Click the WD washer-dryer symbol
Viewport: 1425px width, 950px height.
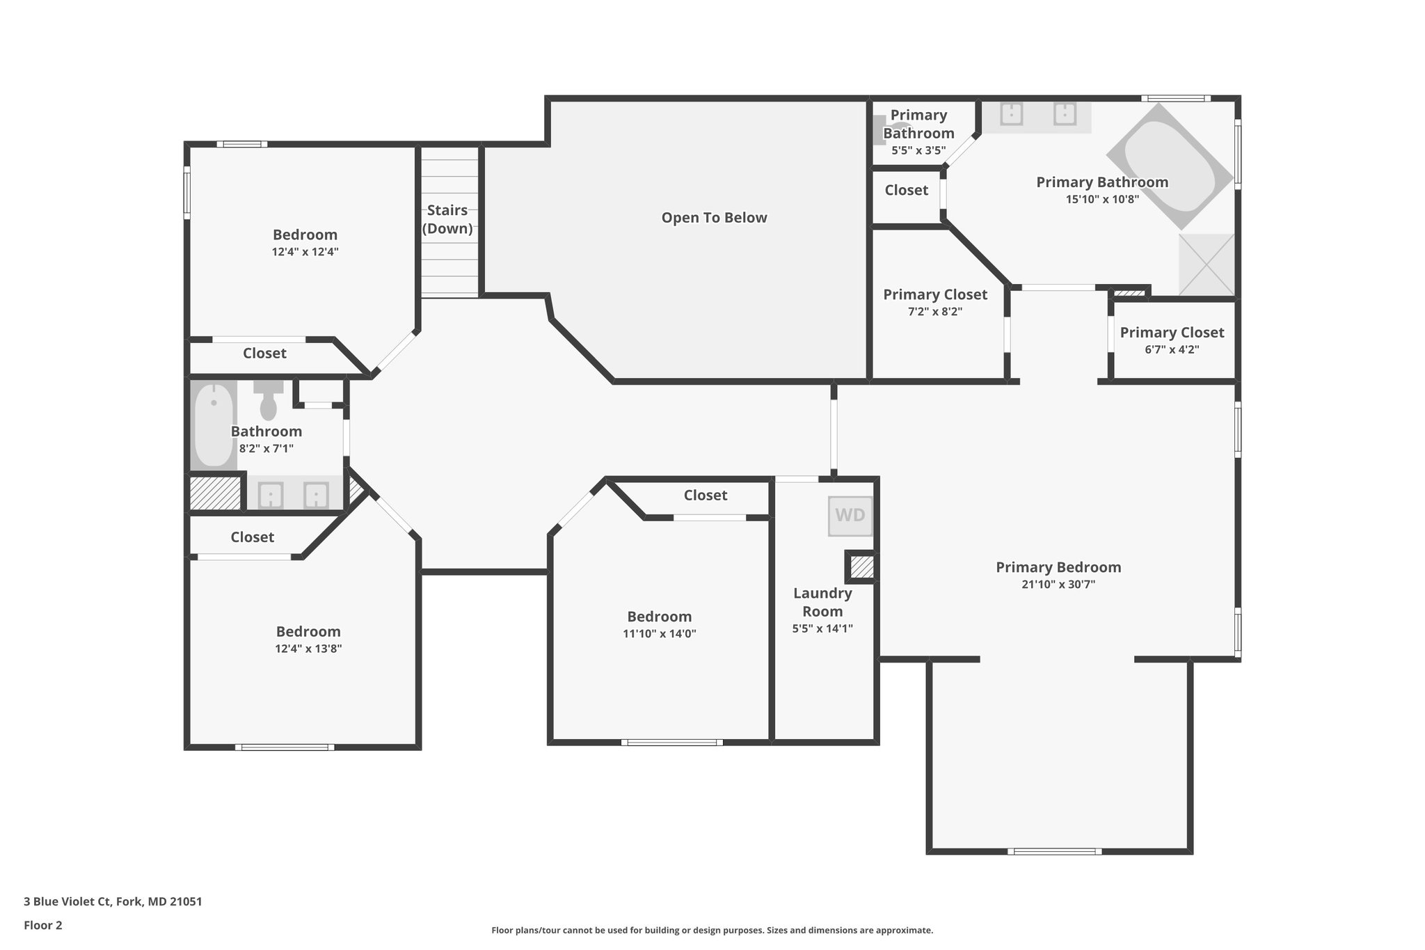click(850, 516)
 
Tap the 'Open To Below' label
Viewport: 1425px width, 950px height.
click(714, 218)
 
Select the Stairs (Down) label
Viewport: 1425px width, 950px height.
click(447, 219)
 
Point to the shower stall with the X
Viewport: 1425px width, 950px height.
click(1206, 264)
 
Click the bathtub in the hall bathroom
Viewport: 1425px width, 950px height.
click(214, 425)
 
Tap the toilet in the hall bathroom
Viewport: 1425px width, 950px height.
click(268, 401)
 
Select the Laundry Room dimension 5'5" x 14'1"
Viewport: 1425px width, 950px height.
click(822, 628)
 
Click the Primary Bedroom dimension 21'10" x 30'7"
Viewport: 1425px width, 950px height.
click(1058, 585)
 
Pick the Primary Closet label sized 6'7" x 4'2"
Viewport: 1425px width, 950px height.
click(1172, 333)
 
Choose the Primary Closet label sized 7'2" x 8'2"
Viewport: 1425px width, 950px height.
click(934, 294)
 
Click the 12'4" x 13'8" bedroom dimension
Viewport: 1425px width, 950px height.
click(308, 649)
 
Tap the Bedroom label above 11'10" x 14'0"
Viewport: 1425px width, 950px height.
click(659, 617)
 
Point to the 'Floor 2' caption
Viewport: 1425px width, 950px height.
click(43, 925)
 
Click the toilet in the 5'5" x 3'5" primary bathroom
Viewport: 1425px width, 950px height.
click(882, 130)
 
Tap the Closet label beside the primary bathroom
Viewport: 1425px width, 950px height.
click(906, 190)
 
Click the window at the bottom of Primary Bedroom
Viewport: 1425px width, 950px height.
click(1054, 851)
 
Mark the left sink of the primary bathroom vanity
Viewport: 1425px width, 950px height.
click(1011, 113)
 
